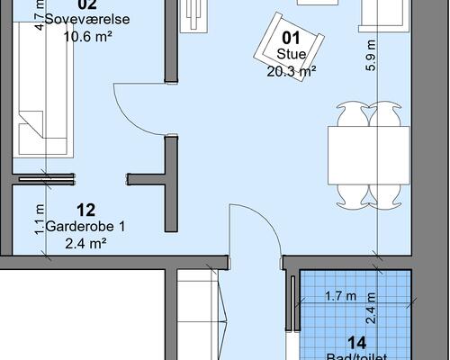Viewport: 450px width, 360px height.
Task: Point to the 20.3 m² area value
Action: (291, 70)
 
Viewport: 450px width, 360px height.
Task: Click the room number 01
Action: (291, 38)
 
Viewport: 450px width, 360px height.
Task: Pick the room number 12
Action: (86, 210)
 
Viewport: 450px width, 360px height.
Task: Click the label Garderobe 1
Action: (86, 227)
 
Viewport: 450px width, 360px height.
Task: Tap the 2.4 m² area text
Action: (86, 243)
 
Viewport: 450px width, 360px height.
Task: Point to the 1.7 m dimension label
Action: (339, 295)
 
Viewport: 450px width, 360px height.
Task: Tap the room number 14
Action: (356, 342)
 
